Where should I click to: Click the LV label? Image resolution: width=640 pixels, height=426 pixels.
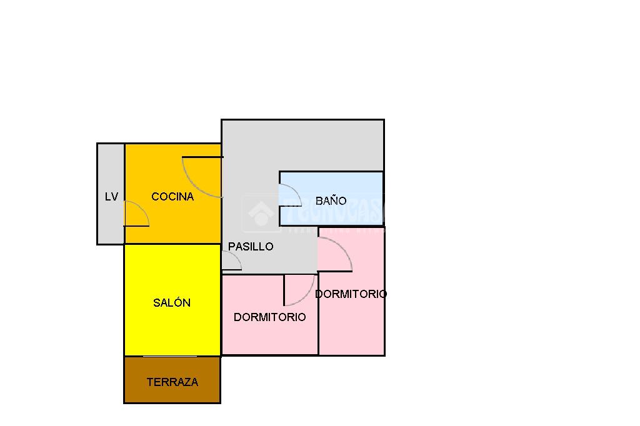coord(111,197)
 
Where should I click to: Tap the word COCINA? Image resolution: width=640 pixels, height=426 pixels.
coord(172,197)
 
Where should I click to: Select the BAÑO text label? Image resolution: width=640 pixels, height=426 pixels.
coord(331,201)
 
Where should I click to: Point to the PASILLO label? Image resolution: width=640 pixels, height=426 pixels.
coord(251,247)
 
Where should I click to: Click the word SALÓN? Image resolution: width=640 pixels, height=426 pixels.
coord(172,303)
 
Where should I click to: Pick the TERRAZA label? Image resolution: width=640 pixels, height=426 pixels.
coord(172,382)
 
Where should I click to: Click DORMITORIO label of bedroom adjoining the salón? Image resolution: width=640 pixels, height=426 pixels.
coord(269,317)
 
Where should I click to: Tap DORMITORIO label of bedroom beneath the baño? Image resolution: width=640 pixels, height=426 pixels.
coord(351,294)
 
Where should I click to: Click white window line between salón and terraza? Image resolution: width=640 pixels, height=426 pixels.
coord(170,356)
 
